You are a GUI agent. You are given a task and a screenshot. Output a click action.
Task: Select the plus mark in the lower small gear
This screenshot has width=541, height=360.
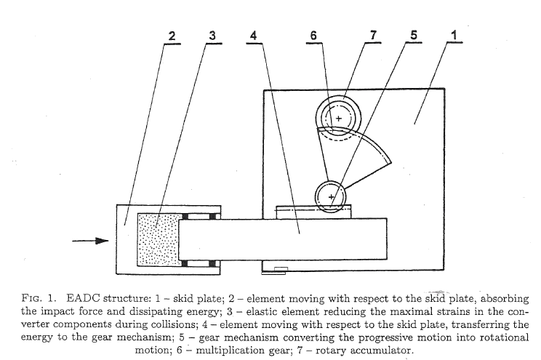(332, 196)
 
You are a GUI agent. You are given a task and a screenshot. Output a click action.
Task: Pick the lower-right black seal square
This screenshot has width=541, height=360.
(214, 262)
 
